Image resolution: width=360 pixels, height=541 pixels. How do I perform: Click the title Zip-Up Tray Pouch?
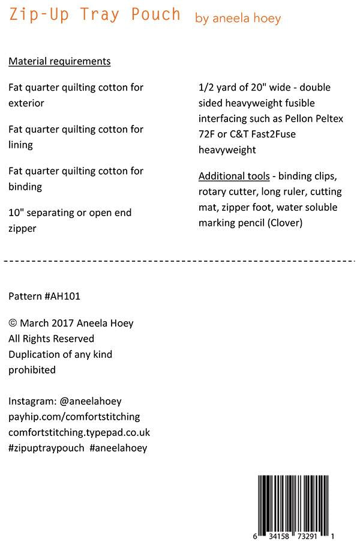(x=95, y=14)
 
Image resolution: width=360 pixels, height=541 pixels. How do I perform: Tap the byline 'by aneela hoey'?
(x=238, y=19)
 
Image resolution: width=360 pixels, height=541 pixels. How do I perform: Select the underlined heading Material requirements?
(x=59, y=61)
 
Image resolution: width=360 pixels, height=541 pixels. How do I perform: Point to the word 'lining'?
(x=20, y=145)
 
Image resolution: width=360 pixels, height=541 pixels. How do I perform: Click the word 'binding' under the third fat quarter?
(x=25, y=187)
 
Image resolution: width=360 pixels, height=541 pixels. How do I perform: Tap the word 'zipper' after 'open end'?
(x=22, y=228)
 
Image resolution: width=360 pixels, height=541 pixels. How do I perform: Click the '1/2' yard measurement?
(x=206, y=88)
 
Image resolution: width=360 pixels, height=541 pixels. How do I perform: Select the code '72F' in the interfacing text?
(x=207, y=134)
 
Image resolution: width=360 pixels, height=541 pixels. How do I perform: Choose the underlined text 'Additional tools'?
(x=234, y=177)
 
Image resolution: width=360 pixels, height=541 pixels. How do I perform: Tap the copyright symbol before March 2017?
(x=13, y=324)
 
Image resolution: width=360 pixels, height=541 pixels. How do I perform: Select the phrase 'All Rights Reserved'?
(x=51, y=339)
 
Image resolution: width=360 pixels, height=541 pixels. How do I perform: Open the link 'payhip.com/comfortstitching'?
(x=74, y=417)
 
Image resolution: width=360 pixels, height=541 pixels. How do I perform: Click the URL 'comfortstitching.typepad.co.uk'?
(x=79, y=432)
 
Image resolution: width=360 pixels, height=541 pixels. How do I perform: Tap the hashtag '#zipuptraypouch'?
(x=46, y=448)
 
